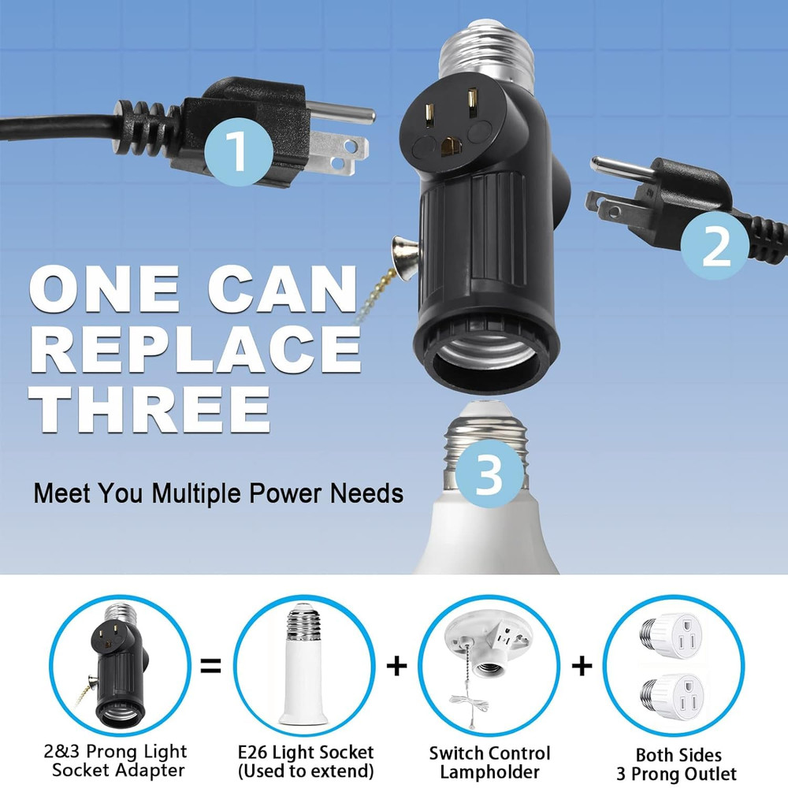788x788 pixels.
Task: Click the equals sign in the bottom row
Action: click(210, 667)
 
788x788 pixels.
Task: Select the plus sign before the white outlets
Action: click(582, 667)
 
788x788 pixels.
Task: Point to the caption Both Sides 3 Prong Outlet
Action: click(675, 764)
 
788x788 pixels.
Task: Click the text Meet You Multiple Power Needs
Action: click(218, 494)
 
